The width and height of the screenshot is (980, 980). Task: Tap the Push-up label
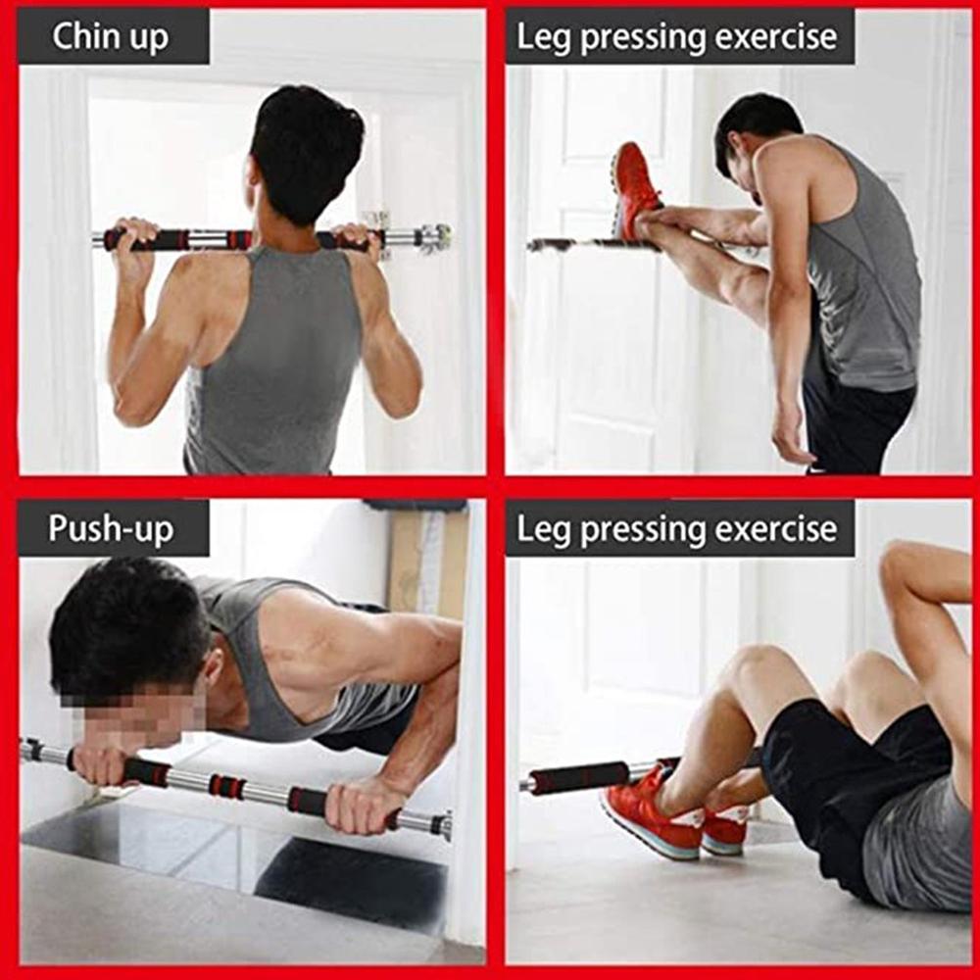[x=111, y=529]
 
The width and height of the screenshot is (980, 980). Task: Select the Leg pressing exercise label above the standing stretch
[x=677, y=37]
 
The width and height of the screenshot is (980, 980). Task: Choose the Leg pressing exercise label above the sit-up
[x=677, y=529]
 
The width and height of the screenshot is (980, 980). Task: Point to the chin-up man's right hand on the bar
[x=358, y=237]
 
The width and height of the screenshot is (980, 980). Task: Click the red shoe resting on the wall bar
[x=634, y=188]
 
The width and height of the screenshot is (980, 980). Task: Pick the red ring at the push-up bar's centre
[x=227, y=786]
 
